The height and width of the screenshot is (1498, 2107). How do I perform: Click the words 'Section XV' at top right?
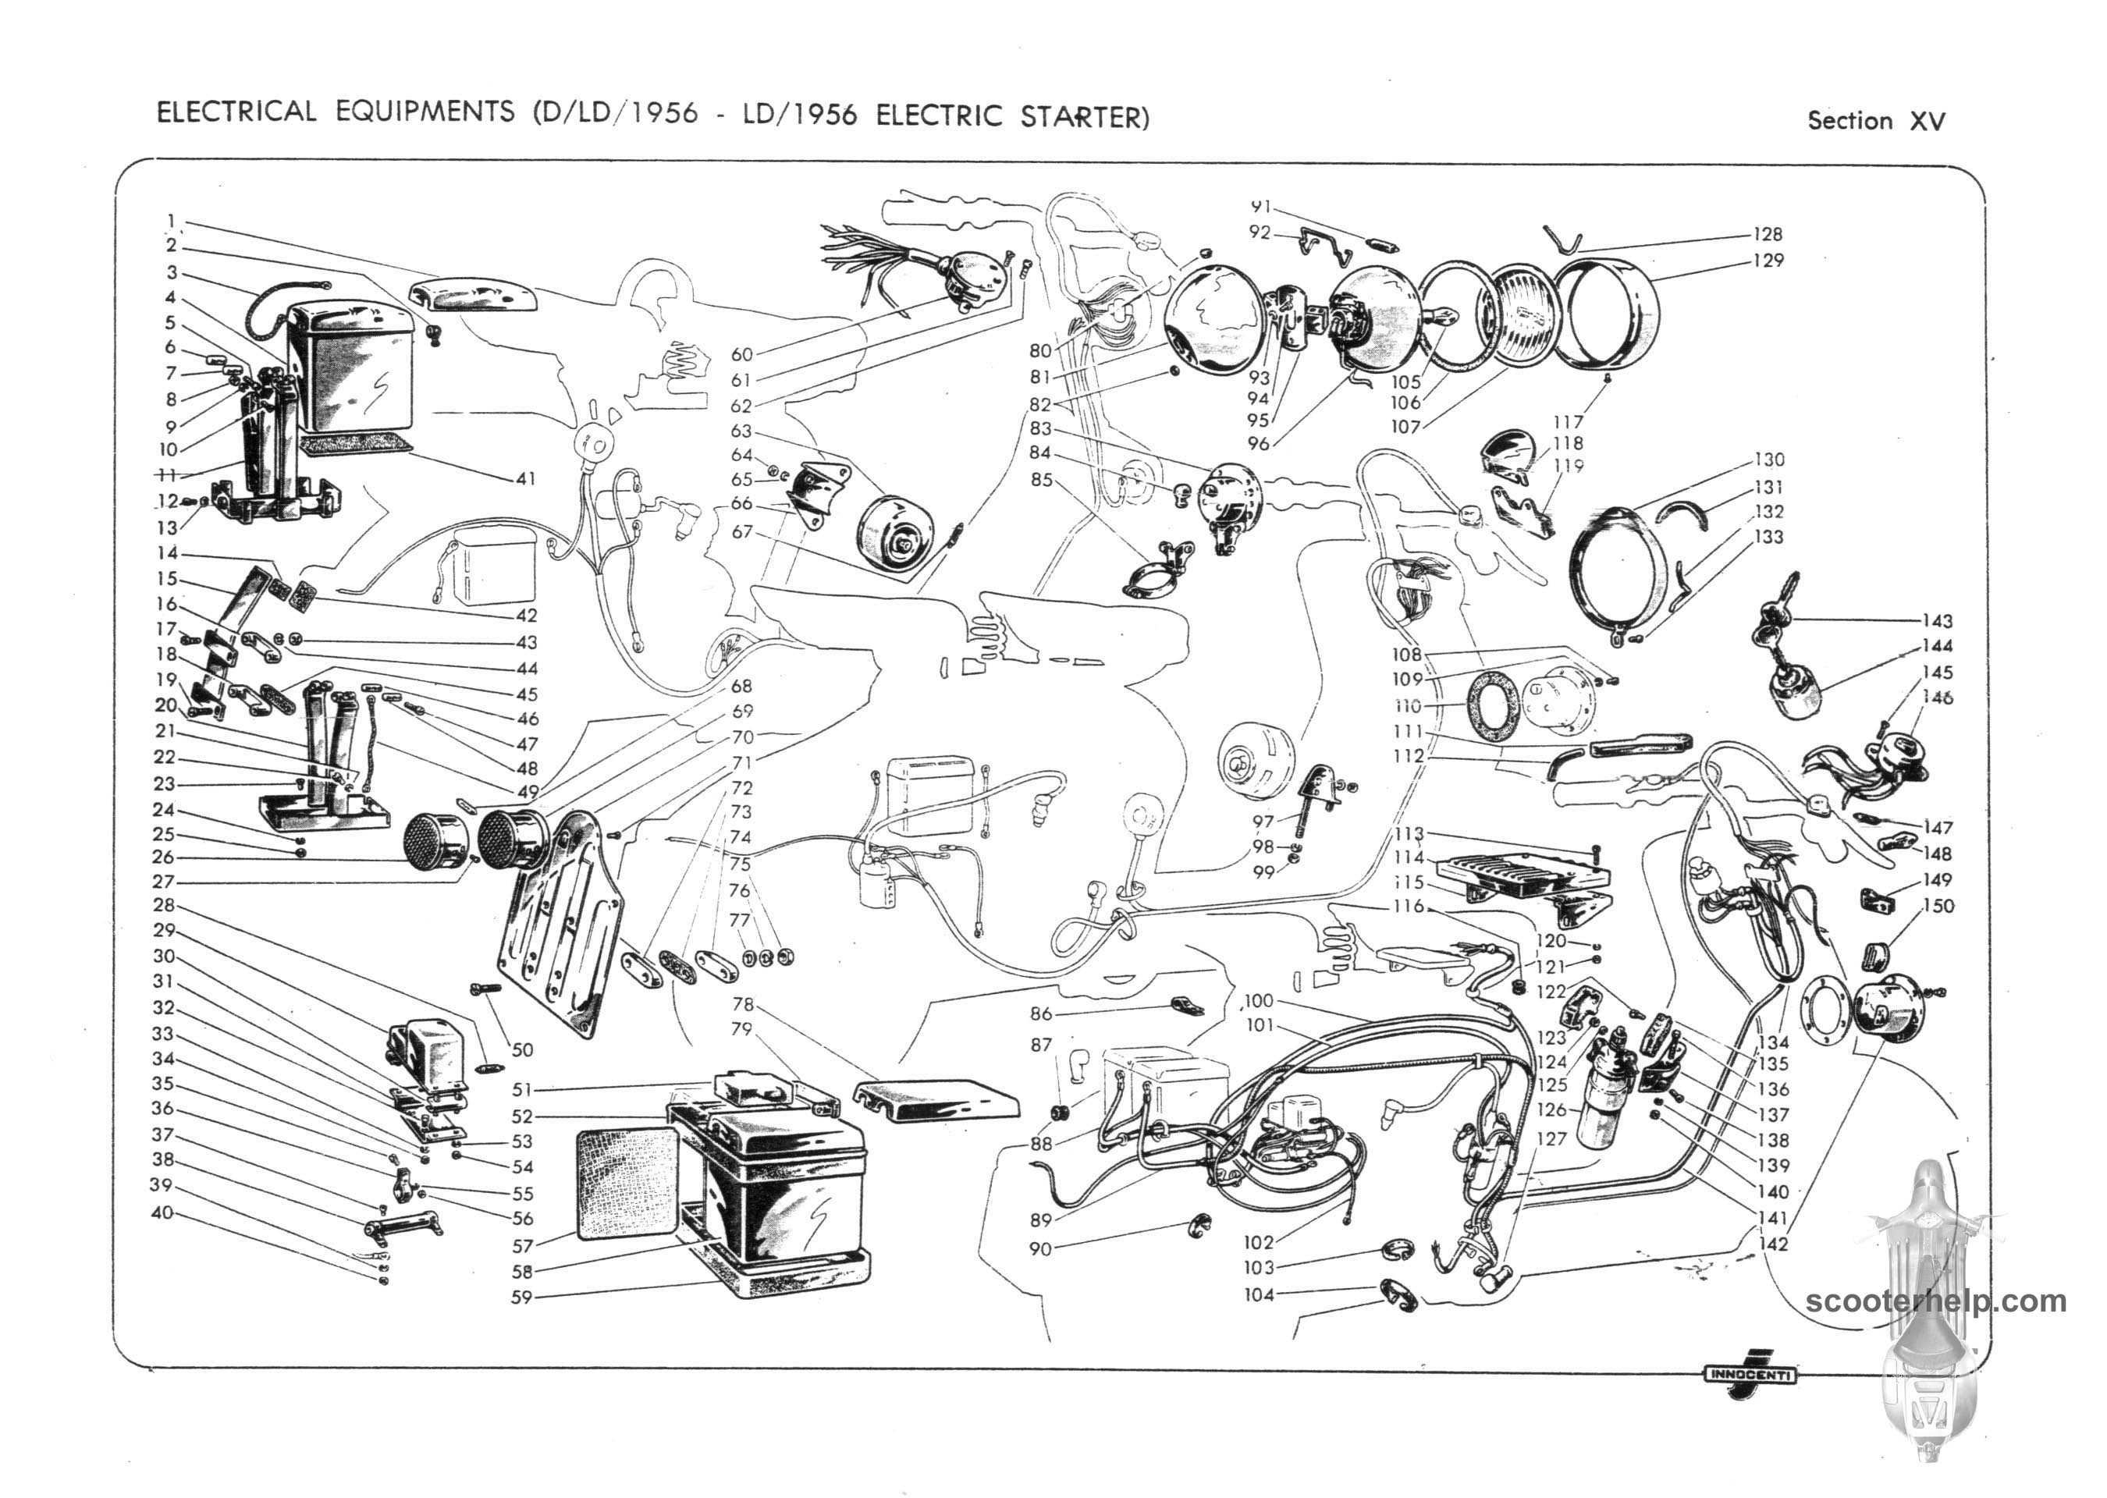(1875, 121)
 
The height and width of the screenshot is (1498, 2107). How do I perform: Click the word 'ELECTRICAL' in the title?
(236, 112)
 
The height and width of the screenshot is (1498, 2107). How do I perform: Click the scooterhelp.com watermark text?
(1935, 1301)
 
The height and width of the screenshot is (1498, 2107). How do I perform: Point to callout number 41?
(526, 479)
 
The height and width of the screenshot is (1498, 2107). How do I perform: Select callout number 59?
(522, 1297)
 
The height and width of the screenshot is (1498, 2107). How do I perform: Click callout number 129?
(1768, 260)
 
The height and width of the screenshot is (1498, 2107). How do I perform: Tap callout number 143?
(1937, 621)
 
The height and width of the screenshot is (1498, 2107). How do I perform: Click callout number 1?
(172, 221)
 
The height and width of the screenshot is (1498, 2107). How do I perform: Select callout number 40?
(162, 1212)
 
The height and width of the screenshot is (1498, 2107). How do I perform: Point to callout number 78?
(743, 1003)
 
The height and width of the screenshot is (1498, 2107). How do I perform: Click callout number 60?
(741, 354)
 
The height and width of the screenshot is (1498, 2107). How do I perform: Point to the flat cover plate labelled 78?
(936, 1100)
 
